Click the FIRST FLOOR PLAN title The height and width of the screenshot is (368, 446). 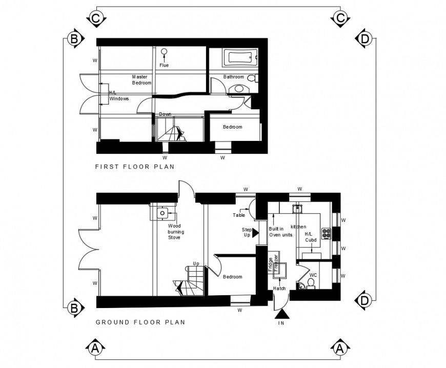[135, 167]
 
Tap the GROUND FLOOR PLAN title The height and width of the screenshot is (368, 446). [140, 322]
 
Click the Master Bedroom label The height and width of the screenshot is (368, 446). [142, 79]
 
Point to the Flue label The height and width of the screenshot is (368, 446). [164, 65]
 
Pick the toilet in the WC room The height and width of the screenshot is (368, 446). [311, 283]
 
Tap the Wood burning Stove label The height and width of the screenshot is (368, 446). [176, 232]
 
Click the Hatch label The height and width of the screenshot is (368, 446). [279, 289]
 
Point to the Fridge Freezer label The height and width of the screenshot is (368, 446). [273, 263]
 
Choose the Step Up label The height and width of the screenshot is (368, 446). [247, 233]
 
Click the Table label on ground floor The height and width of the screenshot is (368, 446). [238, 215]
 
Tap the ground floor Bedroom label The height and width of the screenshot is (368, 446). [232, 277]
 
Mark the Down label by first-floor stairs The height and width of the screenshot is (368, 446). [165, 114]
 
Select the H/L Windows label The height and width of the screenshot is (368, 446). [118, 96]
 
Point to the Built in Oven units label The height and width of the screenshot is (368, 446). [280, 232]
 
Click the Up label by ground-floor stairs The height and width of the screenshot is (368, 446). [196, 263]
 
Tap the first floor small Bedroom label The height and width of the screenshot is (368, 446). [232, 127]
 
